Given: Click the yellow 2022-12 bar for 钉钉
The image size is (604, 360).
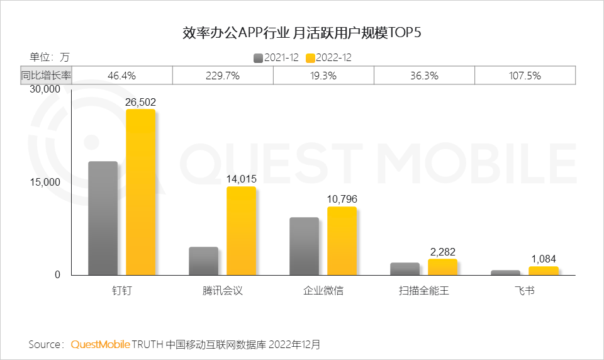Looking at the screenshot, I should [x=140, y=192].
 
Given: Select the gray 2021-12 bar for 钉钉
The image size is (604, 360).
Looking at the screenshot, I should [x=103, y=218].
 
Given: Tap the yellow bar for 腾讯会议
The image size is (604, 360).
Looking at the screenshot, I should [x=241, y=230].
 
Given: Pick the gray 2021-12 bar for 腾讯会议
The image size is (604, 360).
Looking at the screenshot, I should [x=203, y=261].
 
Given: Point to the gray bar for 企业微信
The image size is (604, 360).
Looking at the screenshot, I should [x=304, y=246].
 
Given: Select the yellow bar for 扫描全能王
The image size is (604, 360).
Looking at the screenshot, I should [x=442, y=267].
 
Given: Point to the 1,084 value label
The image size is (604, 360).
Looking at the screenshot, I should [x=543, y=259].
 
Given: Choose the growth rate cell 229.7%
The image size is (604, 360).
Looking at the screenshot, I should [x=223, y=76].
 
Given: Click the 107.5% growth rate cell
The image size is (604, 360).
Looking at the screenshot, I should [x=525, y=76].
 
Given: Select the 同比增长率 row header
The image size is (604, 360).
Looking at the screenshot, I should [x=46, y=76].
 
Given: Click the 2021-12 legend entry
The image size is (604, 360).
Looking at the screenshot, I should [x=277, y=57].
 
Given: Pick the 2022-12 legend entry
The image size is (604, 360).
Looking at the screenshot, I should [x=328, y=57].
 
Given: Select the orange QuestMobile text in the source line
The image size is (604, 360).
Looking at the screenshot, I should [x=101, y=345].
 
